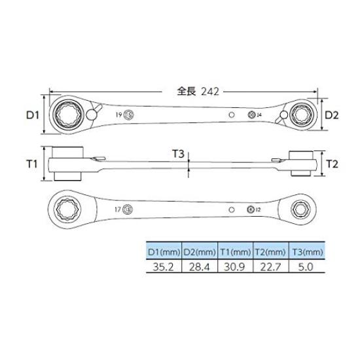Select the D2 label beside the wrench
tap(332, 115)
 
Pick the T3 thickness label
tap(178, 153)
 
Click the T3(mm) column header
tap(305, 250)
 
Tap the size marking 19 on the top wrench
tap(118, 115)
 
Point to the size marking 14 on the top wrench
tap(259, 115)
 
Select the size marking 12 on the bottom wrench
tap(259, 209)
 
